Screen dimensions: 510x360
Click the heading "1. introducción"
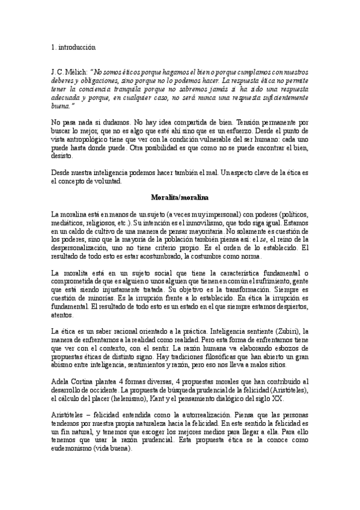coord(73,46)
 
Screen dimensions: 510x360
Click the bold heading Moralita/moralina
coord(179,197)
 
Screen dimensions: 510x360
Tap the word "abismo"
coord(63,364)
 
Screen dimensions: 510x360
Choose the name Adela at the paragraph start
coord(62,381)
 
